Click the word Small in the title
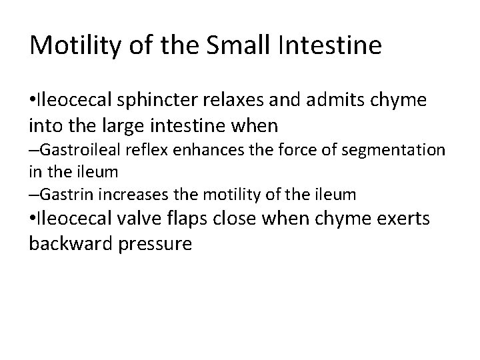coord(236,46)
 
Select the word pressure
coord(156,244)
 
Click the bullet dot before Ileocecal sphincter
coord(33,100)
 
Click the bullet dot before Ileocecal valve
coord(33,220)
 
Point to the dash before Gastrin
coord(34,195)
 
